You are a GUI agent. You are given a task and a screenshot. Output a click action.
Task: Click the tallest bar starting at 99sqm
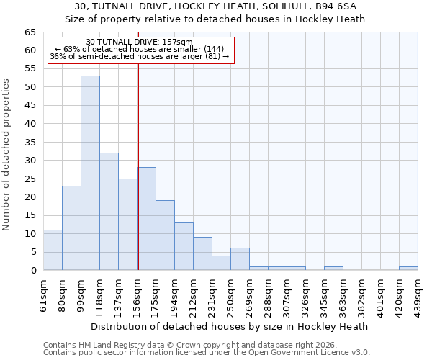tap(90, 173)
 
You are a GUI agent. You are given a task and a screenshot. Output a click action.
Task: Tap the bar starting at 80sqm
tap(71, 228)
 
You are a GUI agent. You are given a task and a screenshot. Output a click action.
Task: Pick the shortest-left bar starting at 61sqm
tap(53, 250)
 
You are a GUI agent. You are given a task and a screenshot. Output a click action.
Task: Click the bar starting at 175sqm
tap(165, 235)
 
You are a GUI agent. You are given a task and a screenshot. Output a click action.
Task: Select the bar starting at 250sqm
tap(240, 259)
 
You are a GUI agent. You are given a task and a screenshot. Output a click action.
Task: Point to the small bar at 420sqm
tap(408, 269)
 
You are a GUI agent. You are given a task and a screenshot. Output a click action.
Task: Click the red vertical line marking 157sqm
tap(138, 166)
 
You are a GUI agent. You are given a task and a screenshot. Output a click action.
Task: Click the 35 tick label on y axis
tap(30, 142)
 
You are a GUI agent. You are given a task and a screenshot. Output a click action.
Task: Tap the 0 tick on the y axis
tap(33, 270)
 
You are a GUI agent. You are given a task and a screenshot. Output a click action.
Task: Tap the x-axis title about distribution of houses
tap(230, 326)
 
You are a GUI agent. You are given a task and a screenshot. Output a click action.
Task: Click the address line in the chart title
tap(216, 6)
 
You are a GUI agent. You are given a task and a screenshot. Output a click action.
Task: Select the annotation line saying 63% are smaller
tap(140, 49)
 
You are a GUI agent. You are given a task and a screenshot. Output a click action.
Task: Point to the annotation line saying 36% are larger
tap(140, 56)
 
